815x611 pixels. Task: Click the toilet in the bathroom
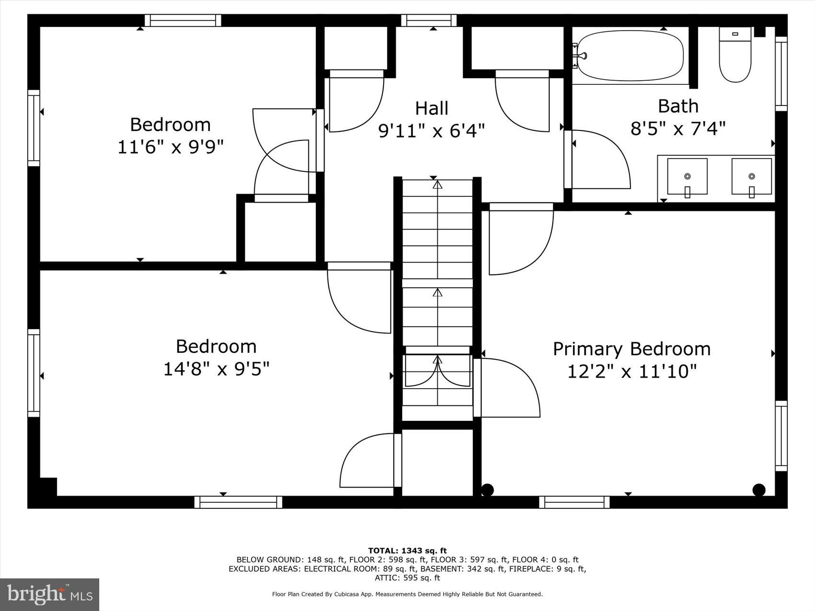point(735,55)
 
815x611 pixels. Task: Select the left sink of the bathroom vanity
point(687,176)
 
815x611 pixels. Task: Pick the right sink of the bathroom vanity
point(751,176)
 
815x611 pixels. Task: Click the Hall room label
point(431,108)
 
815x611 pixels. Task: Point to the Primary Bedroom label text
point(631,349)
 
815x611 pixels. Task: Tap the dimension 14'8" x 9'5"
point(216,369)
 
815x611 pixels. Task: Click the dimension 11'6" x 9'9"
point(171,147)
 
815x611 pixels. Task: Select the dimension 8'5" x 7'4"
point(677,128)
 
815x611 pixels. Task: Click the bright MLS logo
point(49,595)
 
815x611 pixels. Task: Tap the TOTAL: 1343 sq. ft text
point(407,551)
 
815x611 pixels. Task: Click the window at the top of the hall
point(429,20)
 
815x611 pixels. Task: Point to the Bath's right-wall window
point(781,74)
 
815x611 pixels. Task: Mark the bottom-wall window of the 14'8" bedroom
point(238,502)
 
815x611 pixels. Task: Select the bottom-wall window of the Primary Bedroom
point(574,502)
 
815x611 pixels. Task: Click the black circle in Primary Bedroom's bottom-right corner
point(759,490)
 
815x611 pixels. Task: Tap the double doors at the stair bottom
point(437,371)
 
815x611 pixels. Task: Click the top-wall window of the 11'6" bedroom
point(183,20)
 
